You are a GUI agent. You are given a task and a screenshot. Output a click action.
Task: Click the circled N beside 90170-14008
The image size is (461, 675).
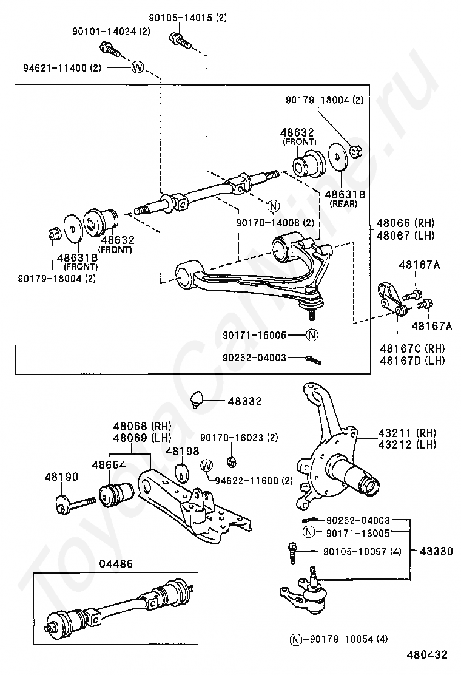coord(272,205)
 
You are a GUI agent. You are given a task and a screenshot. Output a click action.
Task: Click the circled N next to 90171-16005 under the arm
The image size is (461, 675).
coord(312,334)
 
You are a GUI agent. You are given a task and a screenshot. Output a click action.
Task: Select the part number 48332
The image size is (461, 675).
coord(244,401)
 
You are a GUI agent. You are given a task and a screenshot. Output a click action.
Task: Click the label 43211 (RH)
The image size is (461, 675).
coord(407,433)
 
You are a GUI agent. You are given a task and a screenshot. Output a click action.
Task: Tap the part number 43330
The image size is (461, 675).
coord(436,551)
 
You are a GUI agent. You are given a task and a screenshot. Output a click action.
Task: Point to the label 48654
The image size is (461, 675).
coord(109,465)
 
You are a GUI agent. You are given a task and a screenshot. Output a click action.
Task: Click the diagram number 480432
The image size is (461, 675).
coord(427,655)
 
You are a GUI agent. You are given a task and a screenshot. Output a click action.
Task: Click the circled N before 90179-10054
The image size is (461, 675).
coord(295,639)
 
